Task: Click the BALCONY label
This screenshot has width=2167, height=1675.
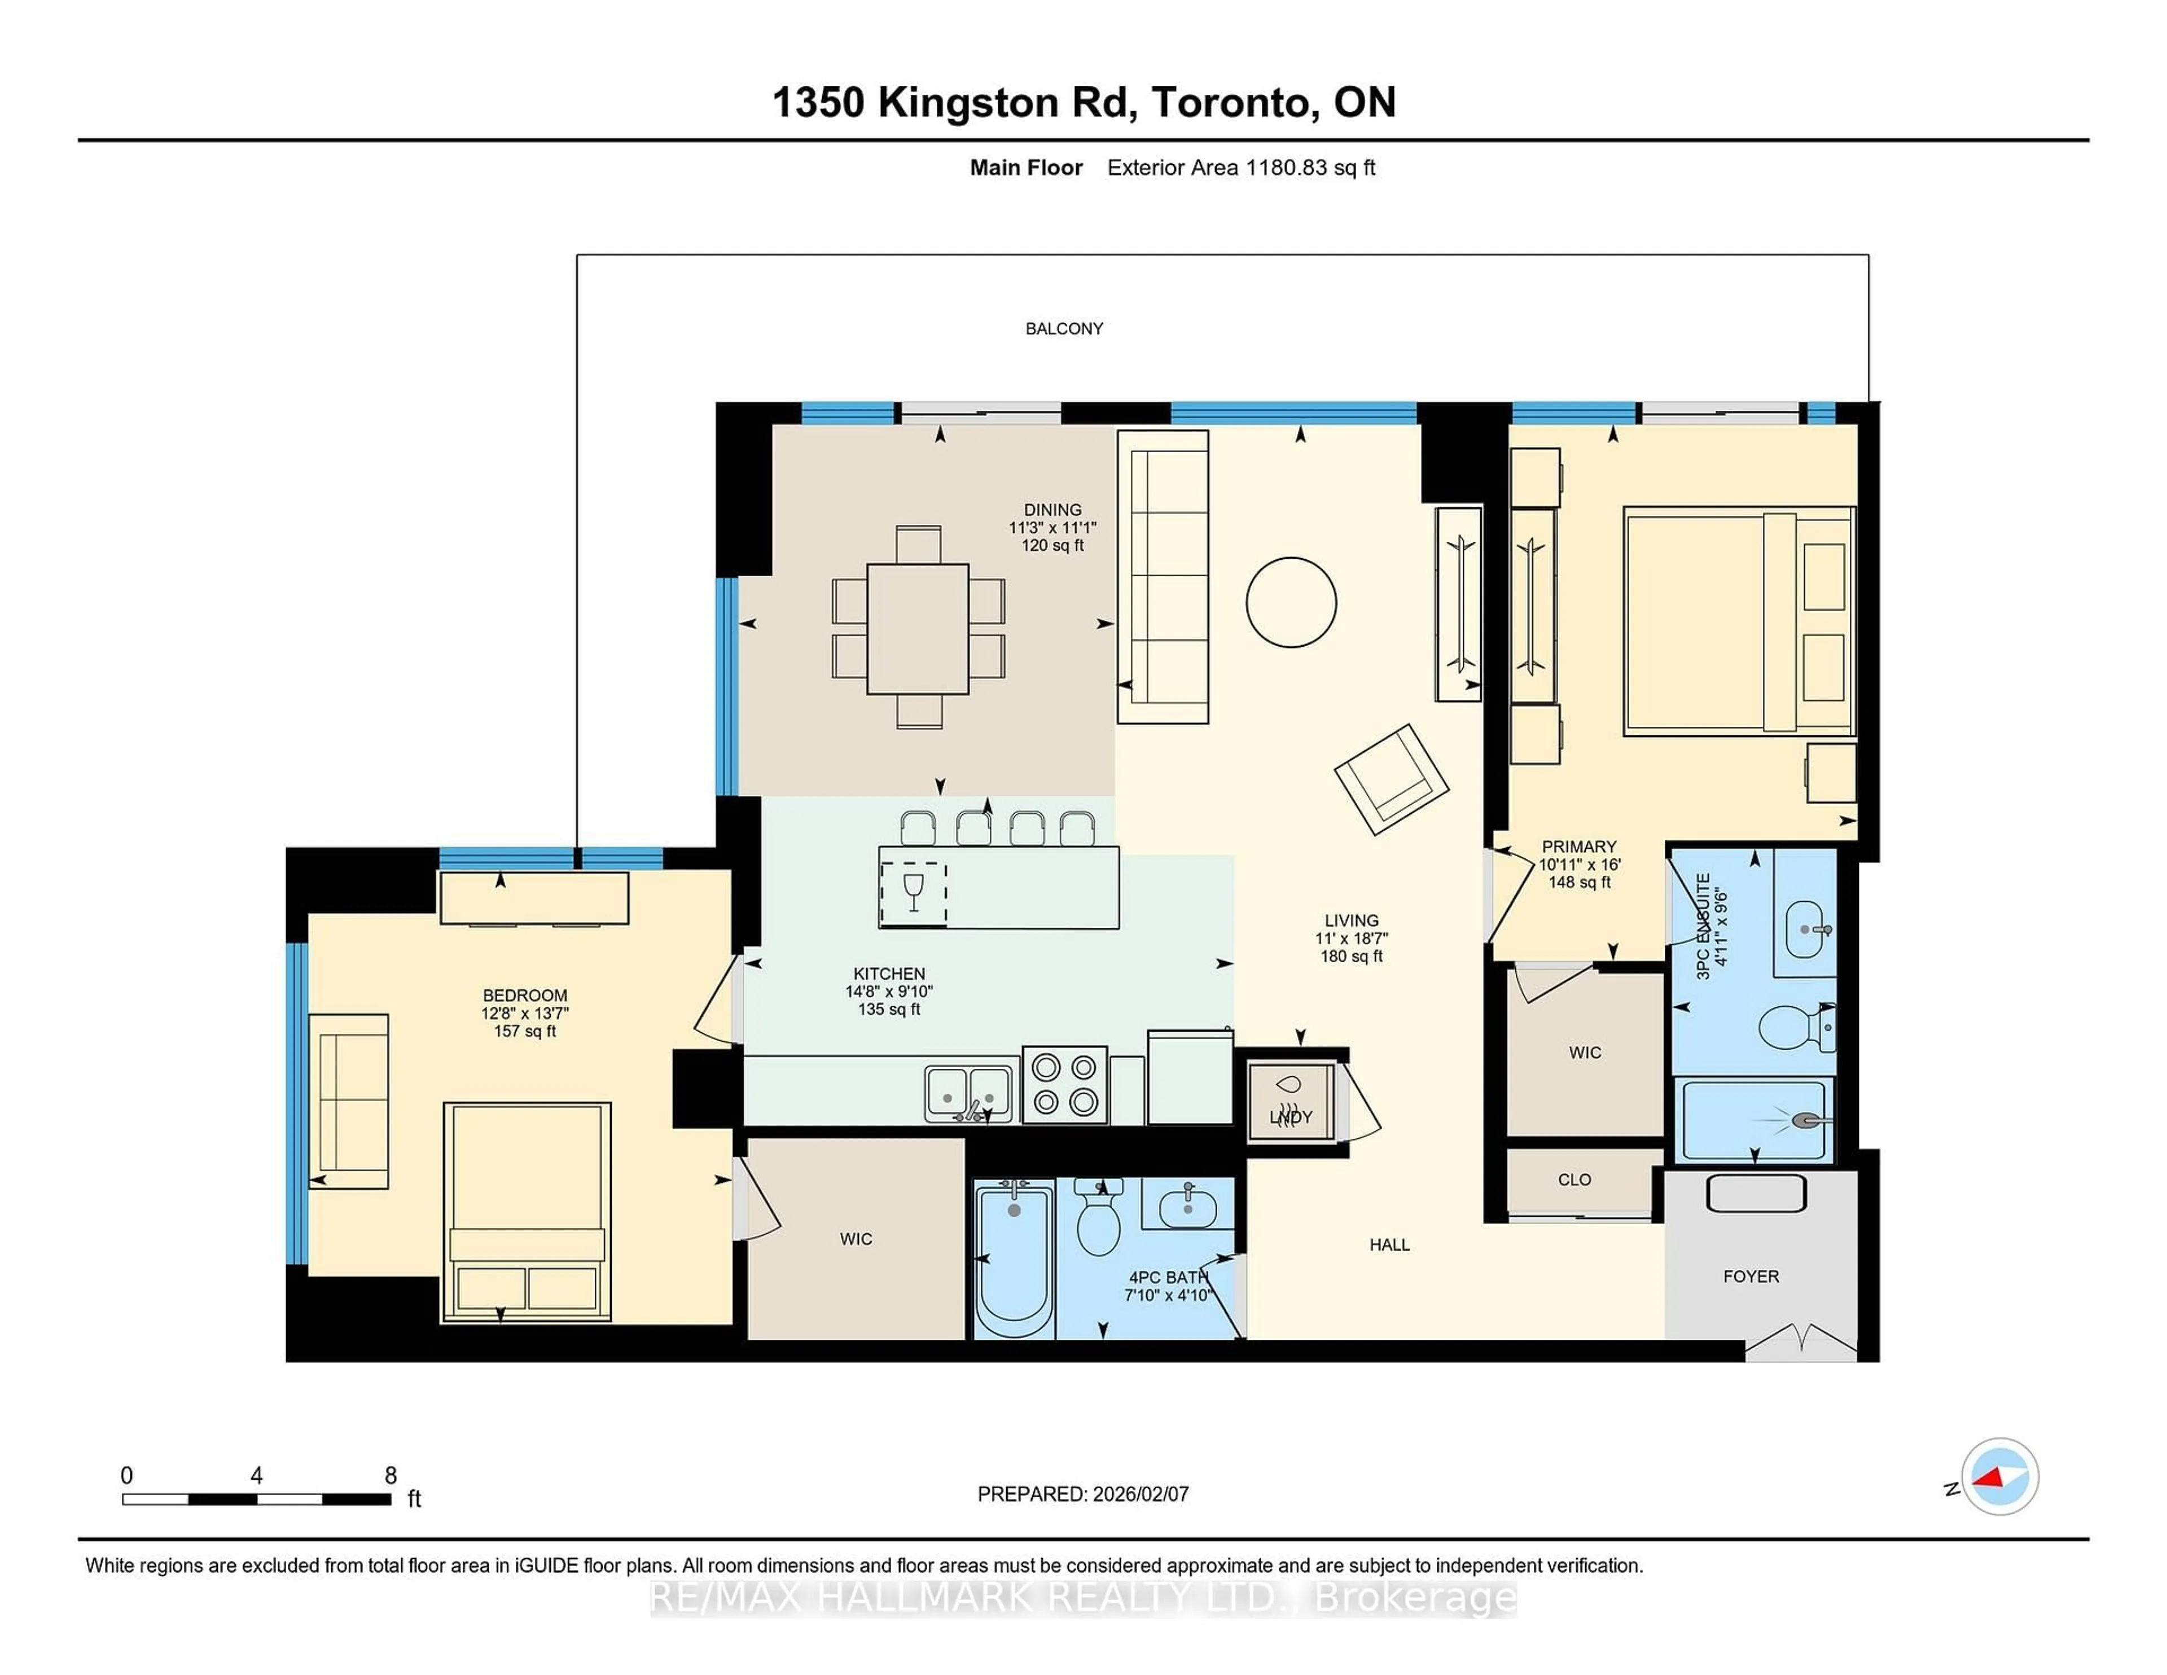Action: [1064, 328]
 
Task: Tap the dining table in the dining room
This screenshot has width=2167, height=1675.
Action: [917, 628]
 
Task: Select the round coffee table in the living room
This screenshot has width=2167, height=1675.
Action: [1291, 602]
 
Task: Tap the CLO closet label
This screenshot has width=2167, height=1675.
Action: [1574, 1180]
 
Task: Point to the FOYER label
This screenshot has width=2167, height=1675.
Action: [1751, 1276]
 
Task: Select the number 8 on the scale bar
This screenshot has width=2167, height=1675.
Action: [391, 1476]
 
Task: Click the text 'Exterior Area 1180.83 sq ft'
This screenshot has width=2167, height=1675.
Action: [1240, 168]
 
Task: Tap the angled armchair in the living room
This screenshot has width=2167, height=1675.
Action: [1391, 779]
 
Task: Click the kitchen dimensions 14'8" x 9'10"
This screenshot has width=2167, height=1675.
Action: [889, 992]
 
